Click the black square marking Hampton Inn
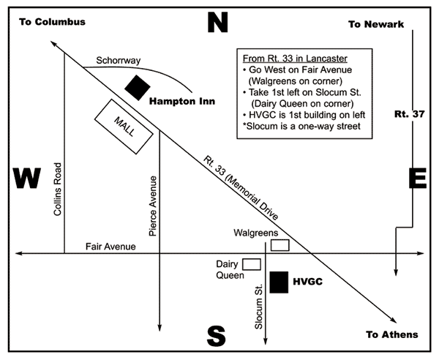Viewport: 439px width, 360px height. click(x=138, y=87)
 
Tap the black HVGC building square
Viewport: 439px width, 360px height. click(x=279, y=282)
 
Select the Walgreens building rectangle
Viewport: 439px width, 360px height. click(x=280, y=245)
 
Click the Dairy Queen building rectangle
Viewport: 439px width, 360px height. click(x=252, y=265)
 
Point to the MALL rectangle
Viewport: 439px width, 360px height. click(x=124, y=127)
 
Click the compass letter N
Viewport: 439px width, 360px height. click(x=217, y=23)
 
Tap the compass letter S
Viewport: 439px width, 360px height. click(x=216, y=336)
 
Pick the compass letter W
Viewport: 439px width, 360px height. click(x=27, y=178)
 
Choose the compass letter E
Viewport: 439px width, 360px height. click(x=418, y=178)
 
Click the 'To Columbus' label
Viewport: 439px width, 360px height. click(x=53, y=22)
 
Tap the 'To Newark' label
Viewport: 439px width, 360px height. click(x=376, y=24)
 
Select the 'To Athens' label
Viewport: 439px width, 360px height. click(x=392, y=334)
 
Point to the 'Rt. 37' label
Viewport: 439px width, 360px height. click(x=410, y=114)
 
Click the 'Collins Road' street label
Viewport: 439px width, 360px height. click(x=57, y=190)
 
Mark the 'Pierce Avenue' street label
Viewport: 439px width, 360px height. click(x=153, y=206)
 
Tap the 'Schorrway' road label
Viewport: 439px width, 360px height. click(x=118, y=61)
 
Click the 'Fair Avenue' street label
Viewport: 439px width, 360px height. click(x=110, y=247)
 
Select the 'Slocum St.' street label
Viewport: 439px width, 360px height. click(x=258, y=307)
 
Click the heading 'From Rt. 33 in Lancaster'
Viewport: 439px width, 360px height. click(x=295, y=59)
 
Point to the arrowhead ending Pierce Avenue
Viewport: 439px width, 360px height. click(x=160, y=328)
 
